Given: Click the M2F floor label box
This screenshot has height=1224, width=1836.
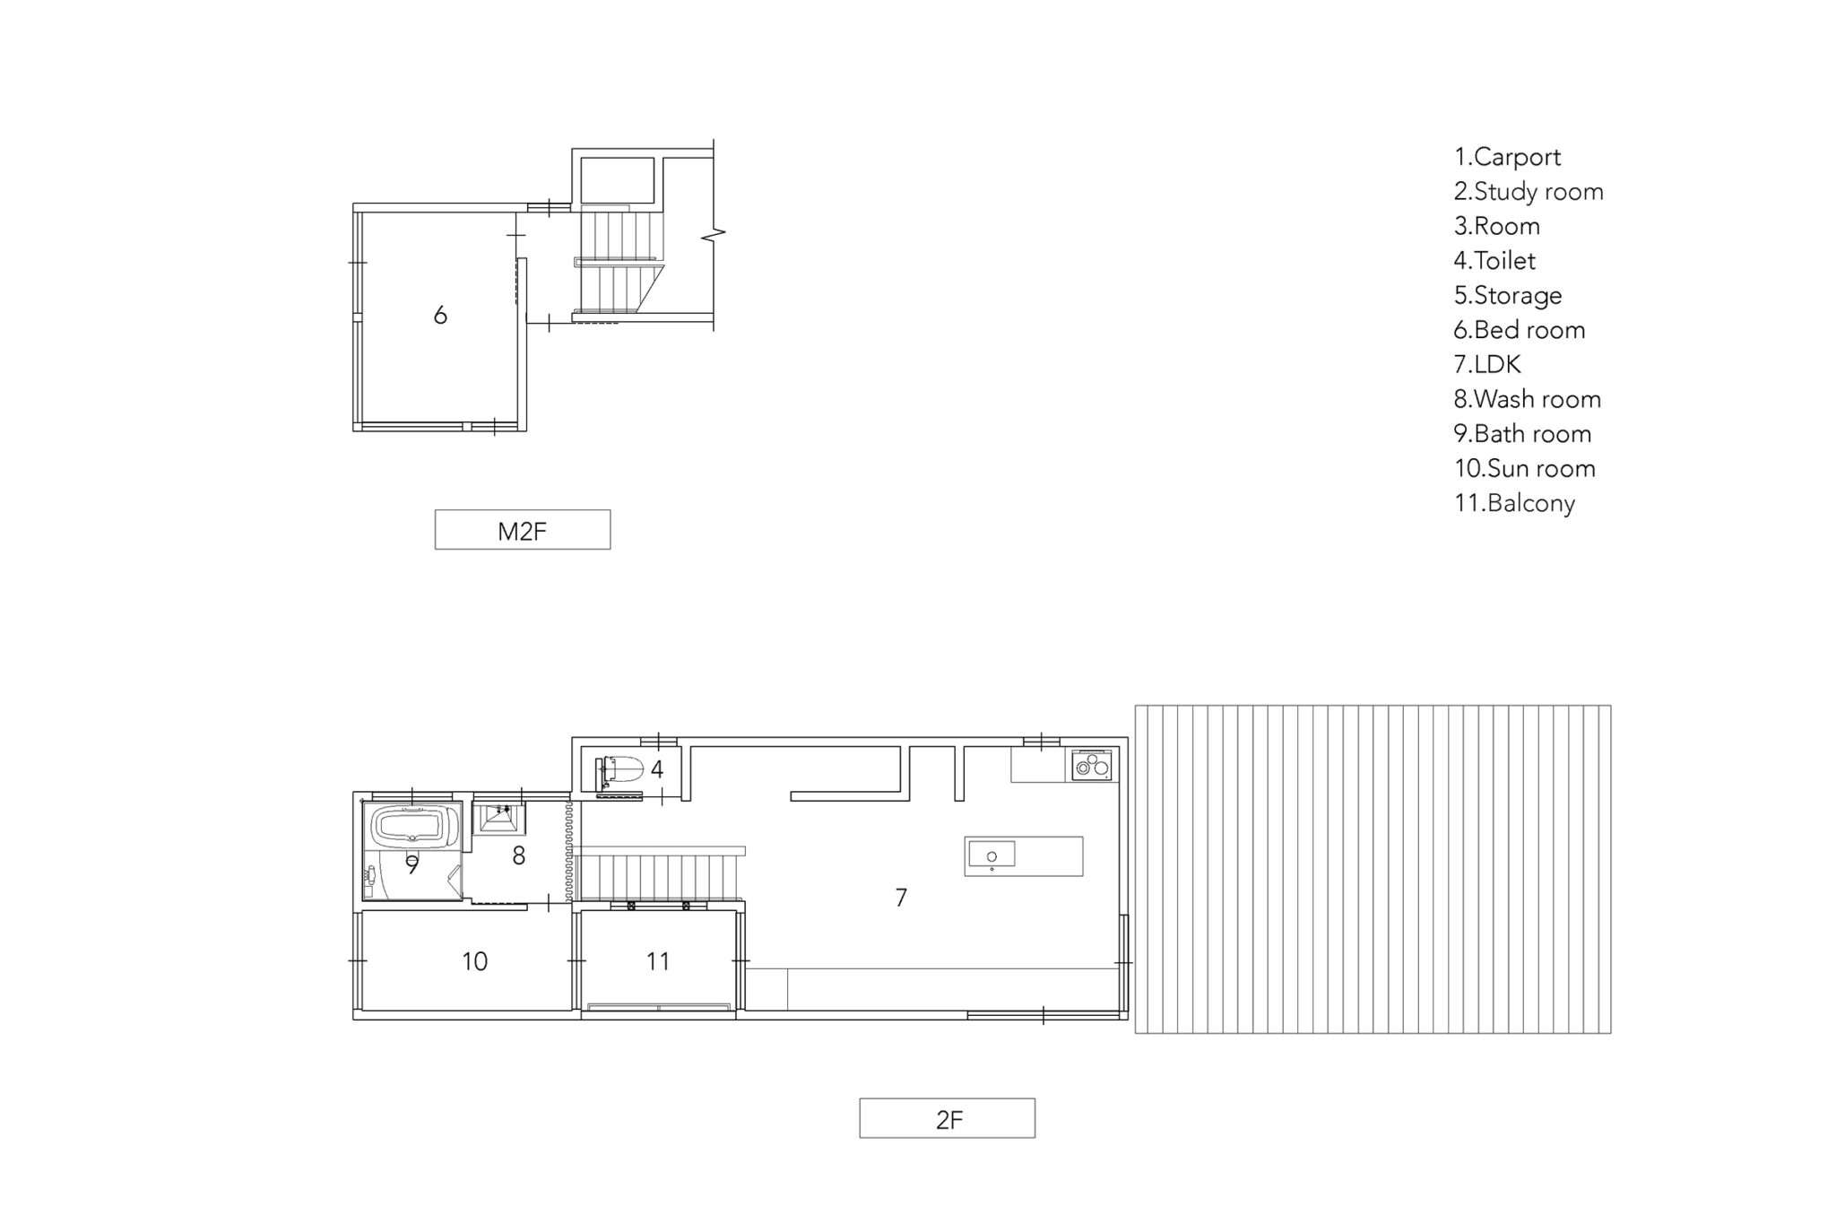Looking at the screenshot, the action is tap(523, 530).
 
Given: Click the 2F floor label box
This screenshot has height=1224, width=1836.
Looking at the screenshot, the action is tap(947, 1118).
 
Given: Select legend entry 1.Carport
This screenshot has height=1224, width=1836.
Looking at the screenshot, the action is tap(1507, 157).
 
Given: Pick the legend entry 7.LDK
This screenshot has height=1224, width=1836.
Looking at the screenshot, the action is tap(1487, 364).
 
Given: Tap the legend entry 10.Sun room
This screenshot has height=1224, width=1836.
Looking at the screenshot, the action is tap(1525, 468).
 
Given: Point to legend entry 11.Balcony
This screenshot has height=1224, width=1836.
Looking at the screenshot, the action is tap(1514, 503).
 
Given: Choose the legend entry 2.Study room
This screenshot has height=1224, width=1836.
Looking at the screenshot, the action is tap(1529, 192).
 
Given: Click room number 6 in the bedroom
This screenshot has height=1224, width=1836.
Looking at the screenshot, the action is tap(440, 315).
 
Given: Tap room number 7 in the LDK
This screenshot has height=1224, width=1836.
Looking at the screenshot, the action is tap(901, 897).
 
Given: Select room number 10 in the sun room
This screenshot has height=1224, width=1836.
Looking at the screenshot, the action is tap(474, 961).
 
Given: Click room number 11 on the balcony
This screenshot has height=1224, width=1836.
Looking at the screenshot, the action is tap(658, 961).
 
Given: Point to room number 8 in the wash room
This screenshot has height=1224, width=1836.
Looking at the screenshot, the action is tap(518, 855).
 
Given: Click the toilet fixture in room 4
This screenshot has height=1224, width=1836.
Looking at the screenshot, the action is tap(619, 770).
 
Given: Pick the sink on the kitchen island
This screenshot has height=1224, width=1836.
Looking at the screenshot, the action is tap(992, 855).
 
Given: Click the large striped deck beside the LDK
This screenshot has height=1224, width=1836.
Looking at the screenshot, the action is tap(1373, 869).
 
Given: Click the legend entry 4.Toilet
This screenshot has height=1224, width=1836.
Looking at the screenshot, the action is tap(1494, 261).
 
